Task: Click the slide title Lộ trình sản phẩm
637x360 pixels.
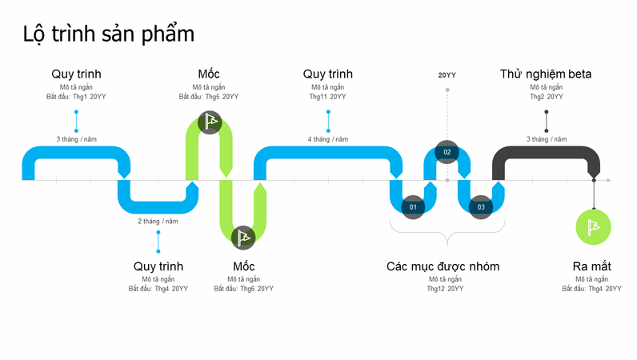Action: [109, 34]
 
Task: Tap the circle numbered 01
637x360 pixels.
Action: [413, 207]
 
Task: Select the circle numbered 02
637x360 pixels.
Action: [447, 152]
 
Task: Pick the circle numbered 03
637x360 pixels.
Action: [481, 207]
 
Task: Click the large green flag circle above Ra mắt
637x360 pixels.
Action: [594, 226]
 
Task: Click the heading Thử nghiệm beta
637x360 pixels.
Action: [546, 74]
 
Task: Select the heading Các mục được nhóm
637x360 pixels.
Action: [443, 266]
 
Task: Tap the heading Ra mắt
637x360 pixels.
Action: [592, 266]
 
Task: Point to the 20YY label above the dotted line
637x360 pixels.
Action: [447, 75]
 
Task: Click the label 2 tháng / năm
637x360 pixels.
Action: [158, 221]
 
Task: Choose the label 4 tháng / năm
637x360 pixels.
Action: [328, 139]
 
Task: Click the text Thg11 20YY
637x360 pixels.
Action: [327, 97]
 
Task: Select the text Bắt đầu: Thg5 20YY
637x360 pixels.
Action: [209, 97]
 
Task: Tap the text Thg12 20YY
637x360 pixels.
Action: [444, 289]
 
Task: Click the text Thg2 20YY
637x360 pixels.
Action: [547, 97]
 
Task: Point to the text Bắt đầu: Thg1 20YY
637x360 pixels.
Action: [76, 97]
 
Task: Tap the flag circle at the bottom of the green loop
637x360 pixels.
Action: [243, 237]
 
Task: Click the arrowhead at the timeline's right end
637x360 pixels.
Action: [608, 181]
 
